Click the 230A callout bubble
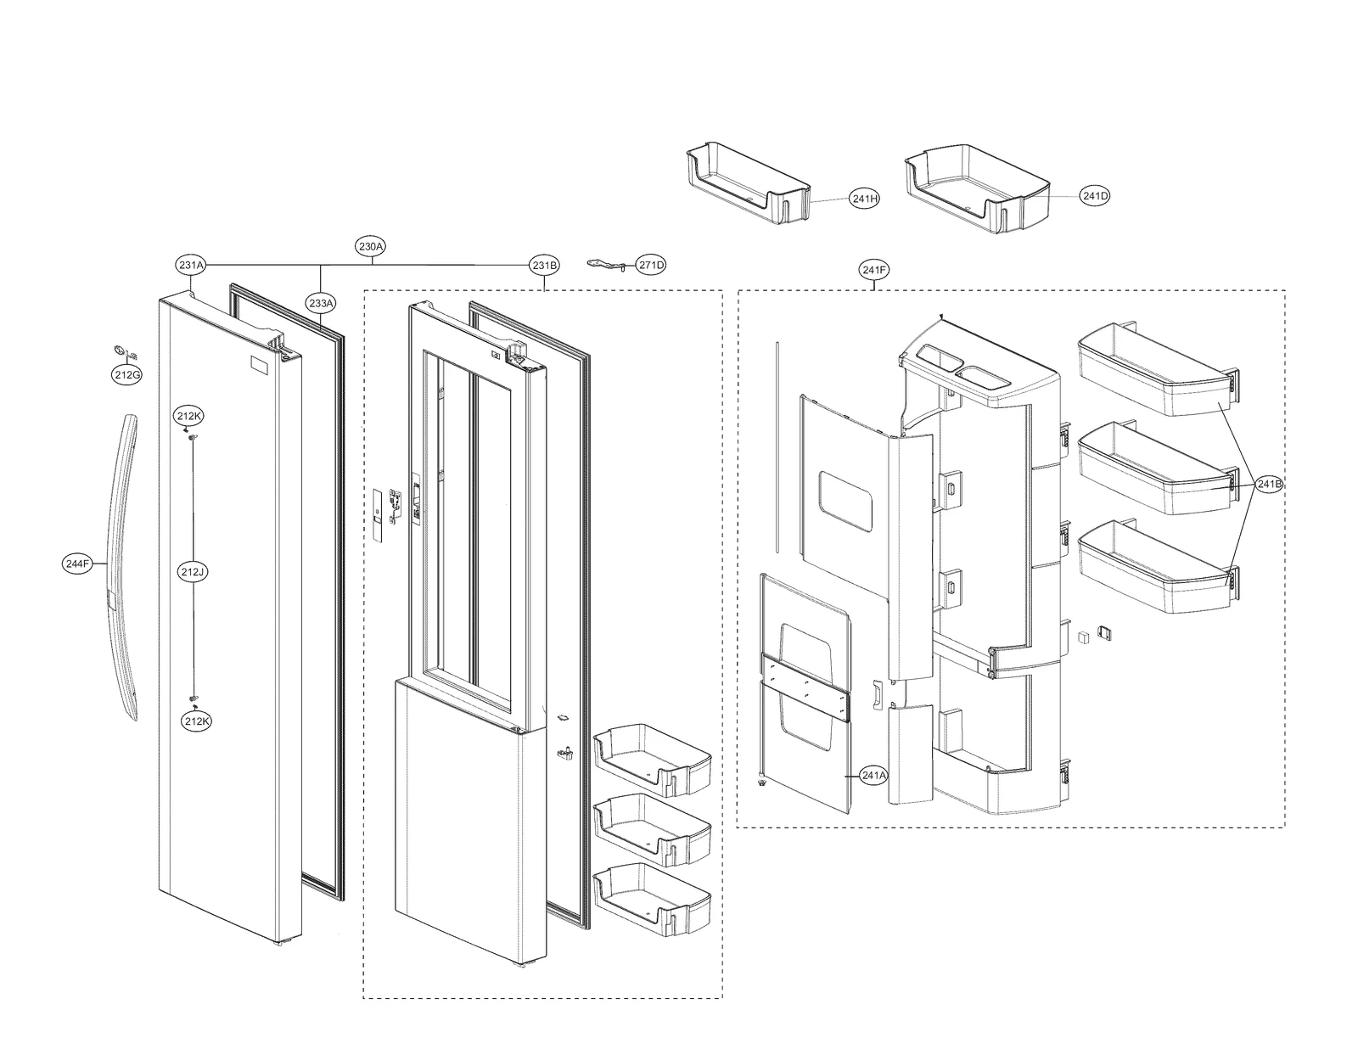click(371, 247)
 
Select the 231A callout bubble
click(191, 266)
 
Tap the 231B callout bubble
click(544, 266)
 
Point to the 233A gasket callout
click(321, 302)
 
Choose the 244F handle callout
click(77, 563)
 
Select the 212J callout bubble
click(193, 573)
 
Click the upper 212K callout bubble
click(188, 417)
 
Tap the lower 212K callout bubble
click(197, 721)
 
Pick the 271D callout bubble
click(651, 266)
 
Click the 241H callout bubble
click(864, 199)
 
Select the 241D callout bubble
click(1095, 196)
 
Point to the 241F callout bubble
click(873, 271)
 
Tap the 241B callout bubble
click(1269, 485)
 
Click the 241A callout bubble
click(873, 775)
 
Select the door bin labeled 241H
click(747, 188)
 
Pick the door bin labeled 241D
click(976, 188)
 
